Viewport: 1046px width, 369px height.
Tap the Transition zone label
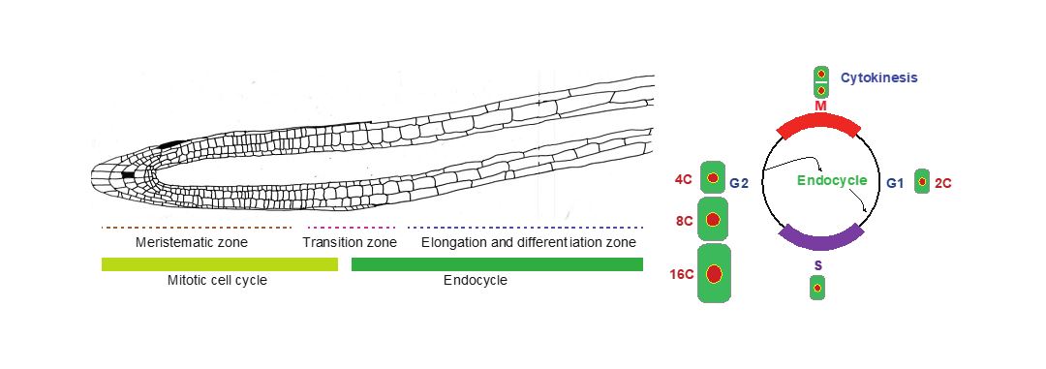(350, 242)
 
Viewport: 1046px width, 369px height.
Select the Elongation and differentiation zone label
(529, 242)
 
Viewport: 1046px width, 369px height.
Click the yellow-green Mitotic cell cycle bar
(219, 264)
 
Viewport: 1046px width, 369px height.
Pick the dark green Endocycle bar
(497, 264)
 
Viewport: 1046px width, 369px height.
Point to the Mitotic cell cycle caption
(217, 281)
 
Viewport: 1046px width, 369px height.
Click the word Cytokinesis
(879, 77)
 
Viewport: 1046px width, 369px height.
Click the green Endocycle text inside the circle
(832, 181)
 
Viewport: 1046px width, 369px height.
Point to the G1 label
(895, 182)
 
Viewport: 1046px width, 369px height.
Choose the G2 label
(739, 182)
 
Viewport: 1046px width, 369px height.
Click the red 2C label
(943, 182)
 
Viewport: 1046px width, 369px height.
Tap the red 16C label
(682, 274)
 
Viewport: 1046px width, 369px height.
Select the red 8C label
(685, 221)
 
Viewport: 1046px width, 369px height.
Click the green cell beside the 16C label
(715, 274)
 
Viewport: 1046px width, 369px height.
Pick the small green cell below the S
(817, 288)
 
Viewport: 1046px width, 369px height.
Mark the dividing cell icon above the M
(821, 81)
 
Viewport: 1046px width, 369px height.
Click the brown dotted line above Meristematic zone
(197, 228)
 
